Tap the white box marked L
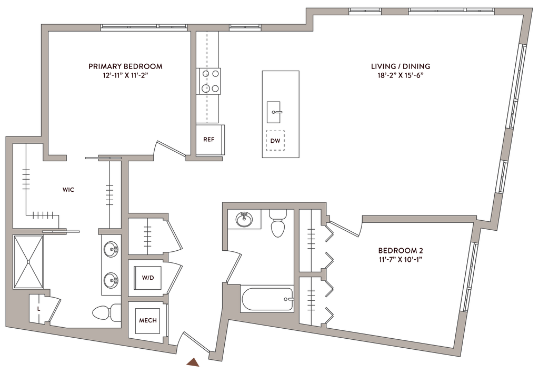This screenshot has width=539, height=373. point(38,308)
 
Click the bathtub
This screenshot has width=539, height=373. point(266,300)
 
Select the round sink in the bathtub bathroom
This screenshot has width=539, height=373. point(244,219)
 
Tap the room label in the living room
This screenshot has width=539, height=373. point(401,70)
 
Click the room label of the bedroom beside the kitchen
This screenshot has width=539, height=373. point(125,70)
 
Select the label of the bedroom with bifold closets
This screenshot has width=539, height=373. point(401,252)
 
